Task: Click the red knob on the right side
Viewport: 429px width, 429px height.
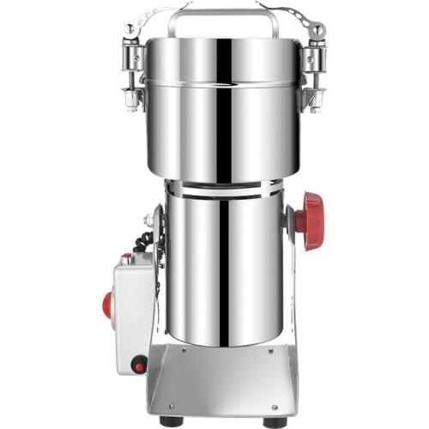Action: (x=310, y=221)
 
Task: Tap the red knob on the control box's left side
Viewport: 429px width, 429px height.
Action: (x=108, y=305)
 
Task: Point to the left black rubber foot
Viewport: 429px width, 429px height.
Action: (x=171, y=421)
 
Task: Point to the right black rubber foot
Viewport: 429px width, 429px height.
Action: (x=275, y=421)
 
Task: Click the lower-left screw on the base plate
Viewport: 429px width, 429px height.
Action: (x=171, y=406)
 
